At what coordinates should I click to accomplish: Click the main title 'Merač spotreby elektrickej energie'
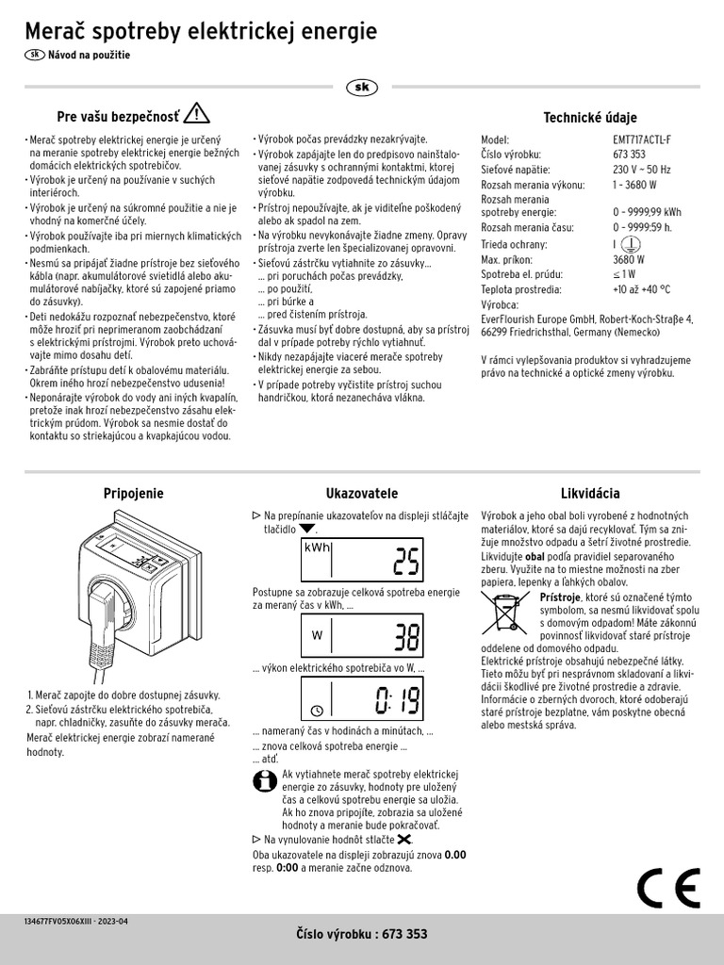click(x=200, y=31)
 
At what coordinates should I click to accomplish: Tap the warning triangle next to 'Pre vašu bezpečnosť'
click(x=197, y=114)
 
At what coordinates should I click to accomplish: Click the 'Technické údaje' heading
click(x=590, y=118)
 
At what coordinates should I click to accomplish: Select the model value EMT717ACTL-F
click(x=642, y=139)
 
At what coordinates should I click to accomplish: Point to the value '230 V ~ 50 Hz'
click(x=641, y=170)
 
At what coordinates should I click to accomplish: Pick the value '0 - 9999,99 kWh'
click(x=647, y=213)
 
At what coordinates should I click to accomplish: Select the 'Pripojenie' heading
click(x=133, y=493)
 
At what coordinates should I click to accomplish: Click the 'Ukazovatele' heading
click(x=362, y=493)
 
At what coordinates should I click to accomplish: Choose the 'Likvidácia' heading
click(x=590, y=493)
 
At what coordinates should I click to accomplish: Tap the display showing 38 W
click(x=362, y=638)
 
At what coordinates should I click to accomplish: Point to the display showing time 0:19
click(x=362, y=699)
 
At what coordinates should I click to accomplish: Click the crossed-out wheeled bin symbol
click(x=506, y=613)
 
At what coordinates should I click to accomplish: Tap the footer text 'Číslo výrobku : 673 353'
click(x=362, y=934)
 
